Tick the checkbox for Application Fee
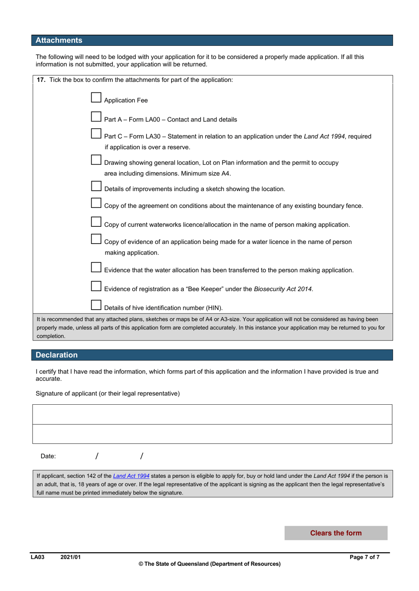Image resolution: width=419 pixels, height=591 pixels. coord(96,97)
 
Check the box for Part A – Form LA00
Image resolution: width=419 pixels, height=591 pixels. coord(96,117)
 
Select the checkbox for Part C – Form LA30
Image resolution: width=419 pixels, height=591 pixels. coord(96,133)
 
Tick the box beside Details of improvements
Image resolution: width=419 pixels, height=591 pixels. coord(96,186)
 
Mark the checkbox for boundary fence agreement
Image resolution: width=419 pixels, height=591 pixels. coord(96,203)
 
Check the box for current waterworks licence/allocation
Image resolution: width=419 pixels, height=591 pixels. coord(96,222)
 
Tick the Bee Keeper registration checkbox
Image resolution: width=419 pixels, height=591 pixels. coord(96,286)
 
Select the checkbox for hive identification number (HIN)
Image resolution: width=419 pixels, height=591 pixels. coord(96,305)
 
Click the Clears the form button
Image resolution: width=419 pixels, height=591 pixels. coord(336,533)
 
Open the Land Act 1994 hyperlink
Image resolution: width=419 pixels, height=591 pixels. coord(131,476)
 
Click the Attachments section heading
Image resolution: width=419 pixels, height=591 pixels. coord(59,41)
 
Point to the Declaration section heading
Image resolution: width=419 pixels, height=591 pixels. coord(56,355)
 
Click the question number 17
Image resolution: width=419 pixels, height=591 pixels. coord(41,80)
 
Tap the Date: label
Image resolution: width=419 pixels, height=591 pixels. coord(48,456)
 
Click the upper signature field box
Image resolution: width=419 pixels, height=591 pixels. coord(212,414)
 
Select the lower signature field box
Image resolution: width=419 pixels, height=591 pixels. coord(212,434)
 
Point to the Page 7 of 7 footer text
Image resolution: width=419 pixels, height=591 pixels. coord(364,557)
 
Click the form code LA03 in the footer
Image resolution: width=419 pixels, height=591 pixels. coord(37,557)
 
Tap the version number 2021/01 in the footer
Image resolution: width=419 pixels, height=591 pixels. coord(71,557)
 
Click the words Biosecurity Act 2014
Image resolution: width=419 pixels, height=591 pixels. coord(283,289)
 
